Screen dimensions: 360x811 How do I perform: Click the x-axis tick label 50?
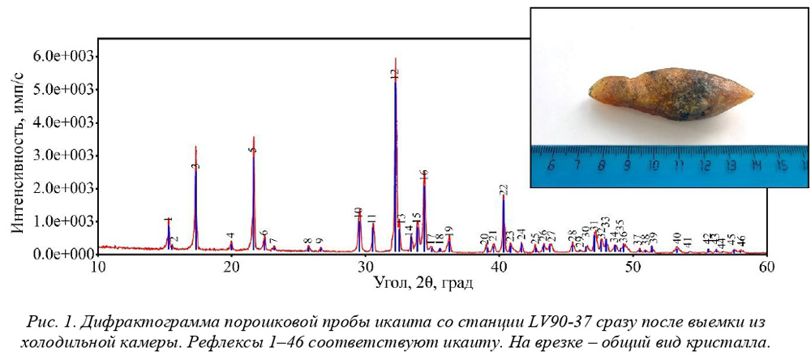click(632, 266)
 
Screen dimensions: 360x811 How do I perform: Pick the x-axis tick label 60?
click(766, 266)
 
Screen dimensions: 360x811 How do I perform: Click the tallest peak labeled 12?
click(395, 81)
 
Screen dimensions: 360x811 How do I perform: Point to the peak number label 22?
click(504, 190)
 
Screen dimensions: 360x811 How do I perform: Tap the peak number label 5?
click(253, 150)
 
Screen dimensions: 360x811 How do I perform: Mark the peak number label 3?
click(195, 165)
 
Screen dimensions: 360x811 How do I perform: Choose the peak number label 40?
click(676, 237)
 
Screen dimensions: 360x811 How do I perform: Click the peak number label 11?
click(372, 218)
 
